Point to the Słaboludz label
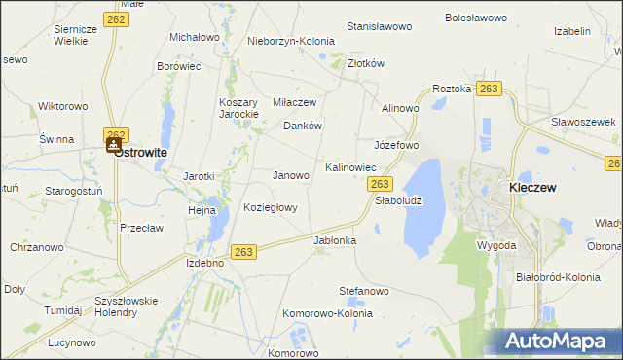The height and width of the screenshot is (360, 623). pyautogui.click(x=398, y=200)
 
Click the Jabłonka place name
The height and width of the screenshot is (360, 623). pyautogui.click(x=335, y=239)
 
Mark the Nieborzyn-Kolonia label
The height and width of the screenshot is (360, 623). pyautogui.click(x=290, y=42)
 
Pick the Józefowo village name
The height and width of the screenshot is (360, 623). pyautogui.click(x=396, y=145)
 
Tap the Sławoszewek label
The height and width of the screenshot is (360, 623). pyautogui.click(x=584, y=121)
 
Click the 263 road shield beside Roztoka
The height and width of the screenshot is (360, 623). pyautogui.click(x=489, y=90)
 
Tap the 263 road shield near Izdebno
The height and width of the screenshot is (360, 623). pyautogui.click(x=244, y=252)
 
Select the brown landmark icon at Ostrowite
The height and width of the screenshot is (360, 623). pyautogui.click(x=114, y=144)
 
